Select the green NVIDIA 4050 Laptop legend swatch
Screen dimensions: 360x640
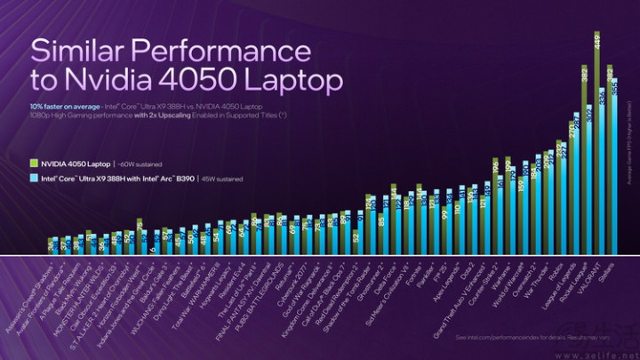pos(33,162)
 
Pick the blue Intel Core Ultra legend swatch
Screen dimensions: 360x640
pos(33,178)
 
